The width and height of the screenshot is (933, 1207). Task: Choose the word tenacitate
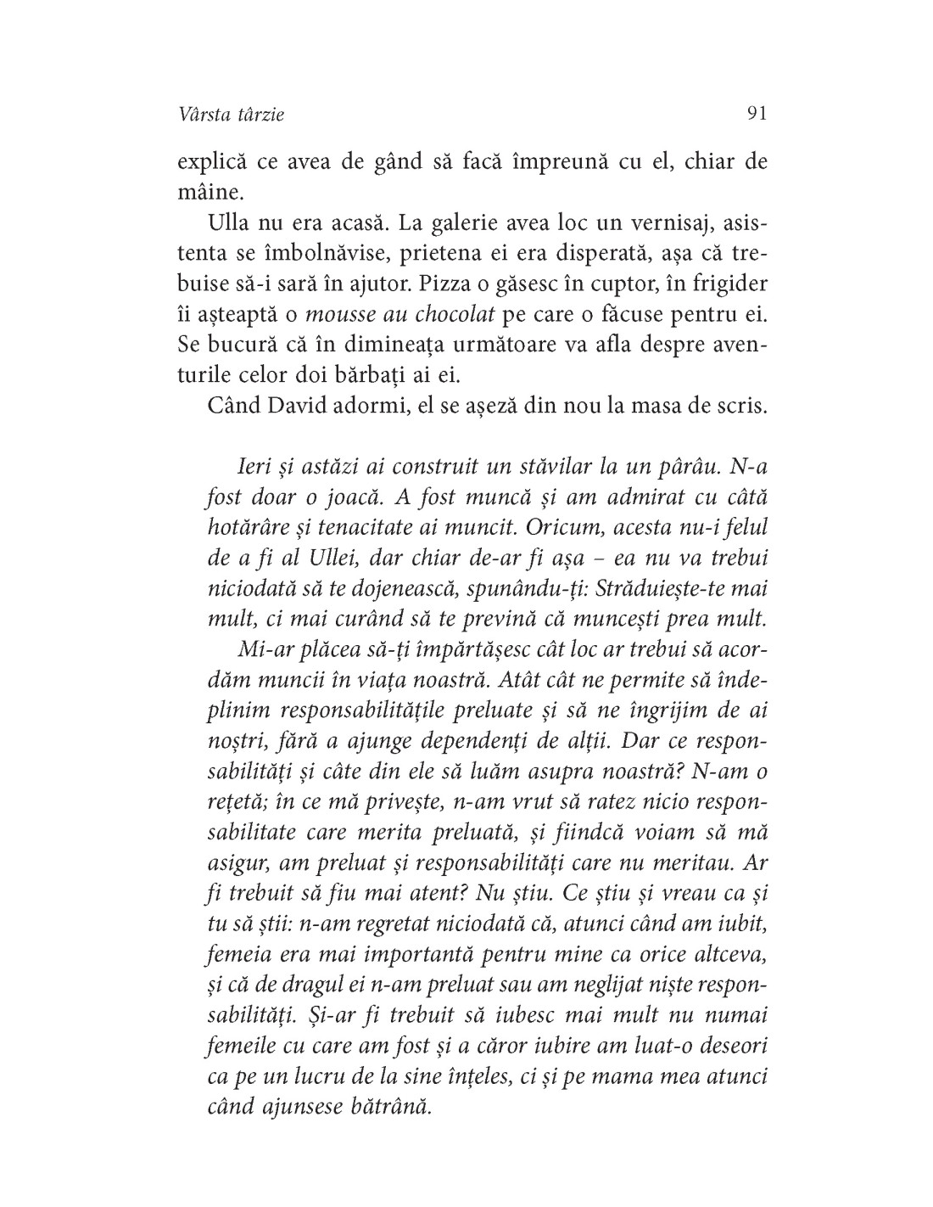pos(355,527)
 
